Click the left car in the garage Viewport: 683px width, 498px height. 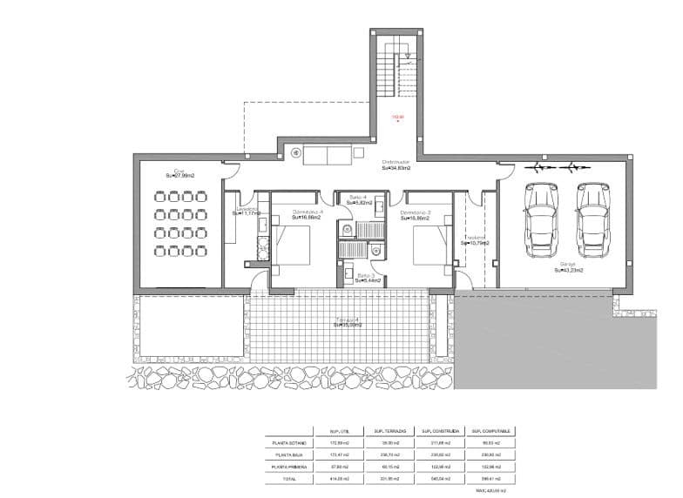(x=540, y=221)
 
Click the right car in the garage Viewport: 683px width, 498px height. (x=592, y=221)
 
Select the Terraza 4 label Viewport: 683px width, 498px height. (x=346, y=323)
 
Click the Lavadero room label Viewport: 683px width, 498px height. (x=247, y=212)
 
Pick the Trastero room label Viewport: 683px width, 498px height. (x=475, y=239)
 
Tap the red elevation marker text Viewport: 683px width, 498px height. (x=397, y=118)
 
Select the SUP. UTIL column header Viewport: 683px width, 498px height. (x=339, y=430)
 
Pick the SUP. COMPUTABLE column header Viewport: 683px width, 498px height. (x=492, y=430)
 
